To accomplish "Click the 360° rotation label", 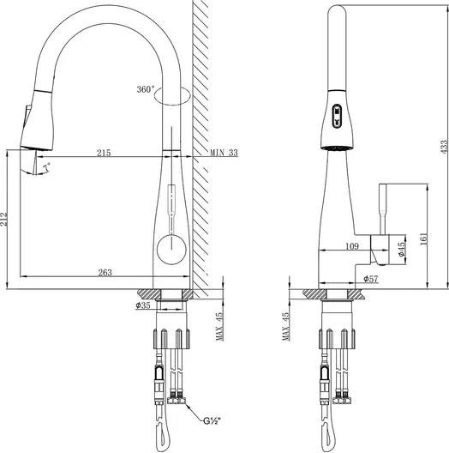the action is [x=146, y=89].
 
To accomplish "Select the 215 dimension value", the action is [x=104, y=153].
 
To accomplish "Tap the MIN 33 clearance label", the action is [x=224, y=153].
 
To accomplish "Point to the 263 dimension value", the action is [x=105, y=273].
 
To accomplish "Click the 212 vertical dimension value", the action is [x=3, y=220].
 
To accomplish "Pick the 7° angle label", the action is [x=47, y=167].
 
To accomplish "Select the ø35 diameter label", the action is [x=143, y=305].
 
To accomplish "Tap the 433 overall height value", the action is [x=445, y=147].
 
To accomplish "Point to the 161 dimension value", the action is [x=423, y=239].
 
